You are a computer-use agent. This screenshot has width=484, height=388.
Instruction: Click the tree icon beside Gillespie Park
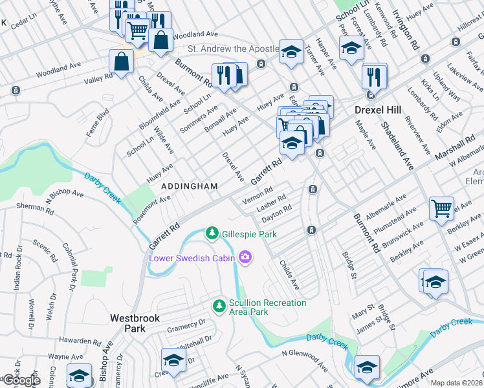pos(211,233)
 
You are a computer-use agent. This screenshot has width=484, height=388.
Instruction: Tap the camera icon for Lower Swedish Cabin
pos(245,258)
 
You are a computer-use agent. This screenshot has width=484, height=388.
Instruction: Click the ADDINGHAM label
pos(189,186)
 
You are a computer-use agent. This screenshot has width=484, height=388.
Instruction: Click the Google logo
pos(21,380)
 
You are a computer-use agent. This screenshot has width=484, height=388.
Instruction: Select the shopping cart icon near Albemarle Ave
pos(441,208)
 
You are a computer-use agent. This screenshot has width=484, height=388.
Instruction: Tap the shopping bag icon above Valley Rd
pos(122,62)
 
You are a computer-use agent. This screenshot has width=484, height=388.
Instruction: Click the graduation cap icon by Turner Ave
pos(292,52)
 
